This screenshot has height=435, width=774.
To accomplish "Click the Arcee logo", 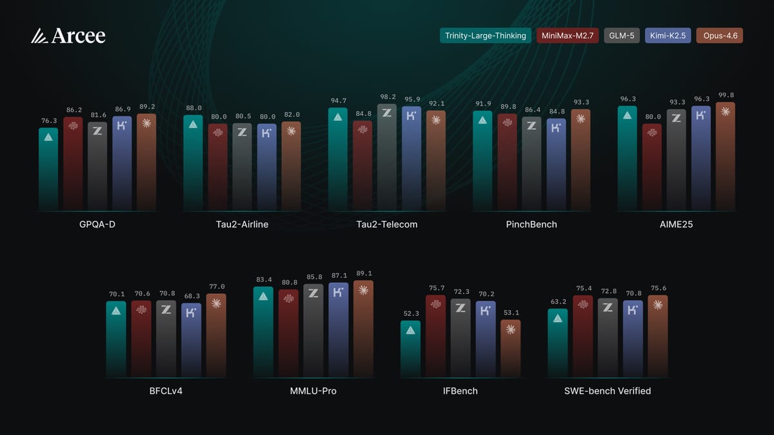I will (x=68, y=36).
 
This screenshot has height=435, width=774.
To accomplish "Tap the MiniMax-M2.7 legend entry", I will (x=567, y=36).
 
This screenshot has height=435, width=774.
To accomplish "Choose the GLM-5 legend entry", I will (x=622, y=36).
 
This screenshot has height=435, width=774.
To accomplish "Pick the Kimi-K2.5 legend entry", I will (x=668, y=36).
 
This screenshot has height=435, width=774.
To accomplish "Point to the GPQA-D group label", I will (x=97, y=224).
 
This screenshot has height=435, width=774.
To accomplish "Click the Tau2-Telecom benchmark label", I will (x=386, y=224).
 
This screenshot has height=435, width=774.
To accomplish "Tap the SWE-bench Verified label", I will (x=607, y=391).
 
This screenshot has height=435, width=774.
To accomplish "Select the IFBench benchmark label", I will (x=460, y=391).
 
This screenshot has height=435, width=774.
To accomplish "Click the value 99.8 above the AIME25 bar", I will (x=726, y=95).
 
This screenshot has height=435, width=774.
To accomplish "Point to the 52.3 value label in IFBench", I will (x=410, y=314).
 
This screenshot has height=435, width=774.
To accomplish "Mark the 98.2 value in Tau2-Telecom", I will (x=387, y=97).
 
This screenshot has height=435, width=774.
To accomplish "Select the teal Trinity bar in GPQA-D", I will (x=48, y=171).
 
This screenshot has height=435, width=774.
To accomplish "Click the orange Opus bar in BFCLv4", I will (x=216, y=335).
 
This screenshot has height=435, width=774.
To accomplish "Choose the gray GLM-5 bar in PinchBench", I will (x=531, y=164).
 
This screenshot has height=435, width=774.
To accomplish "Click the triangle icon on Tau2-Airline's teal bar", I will (x=193, y=124).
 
